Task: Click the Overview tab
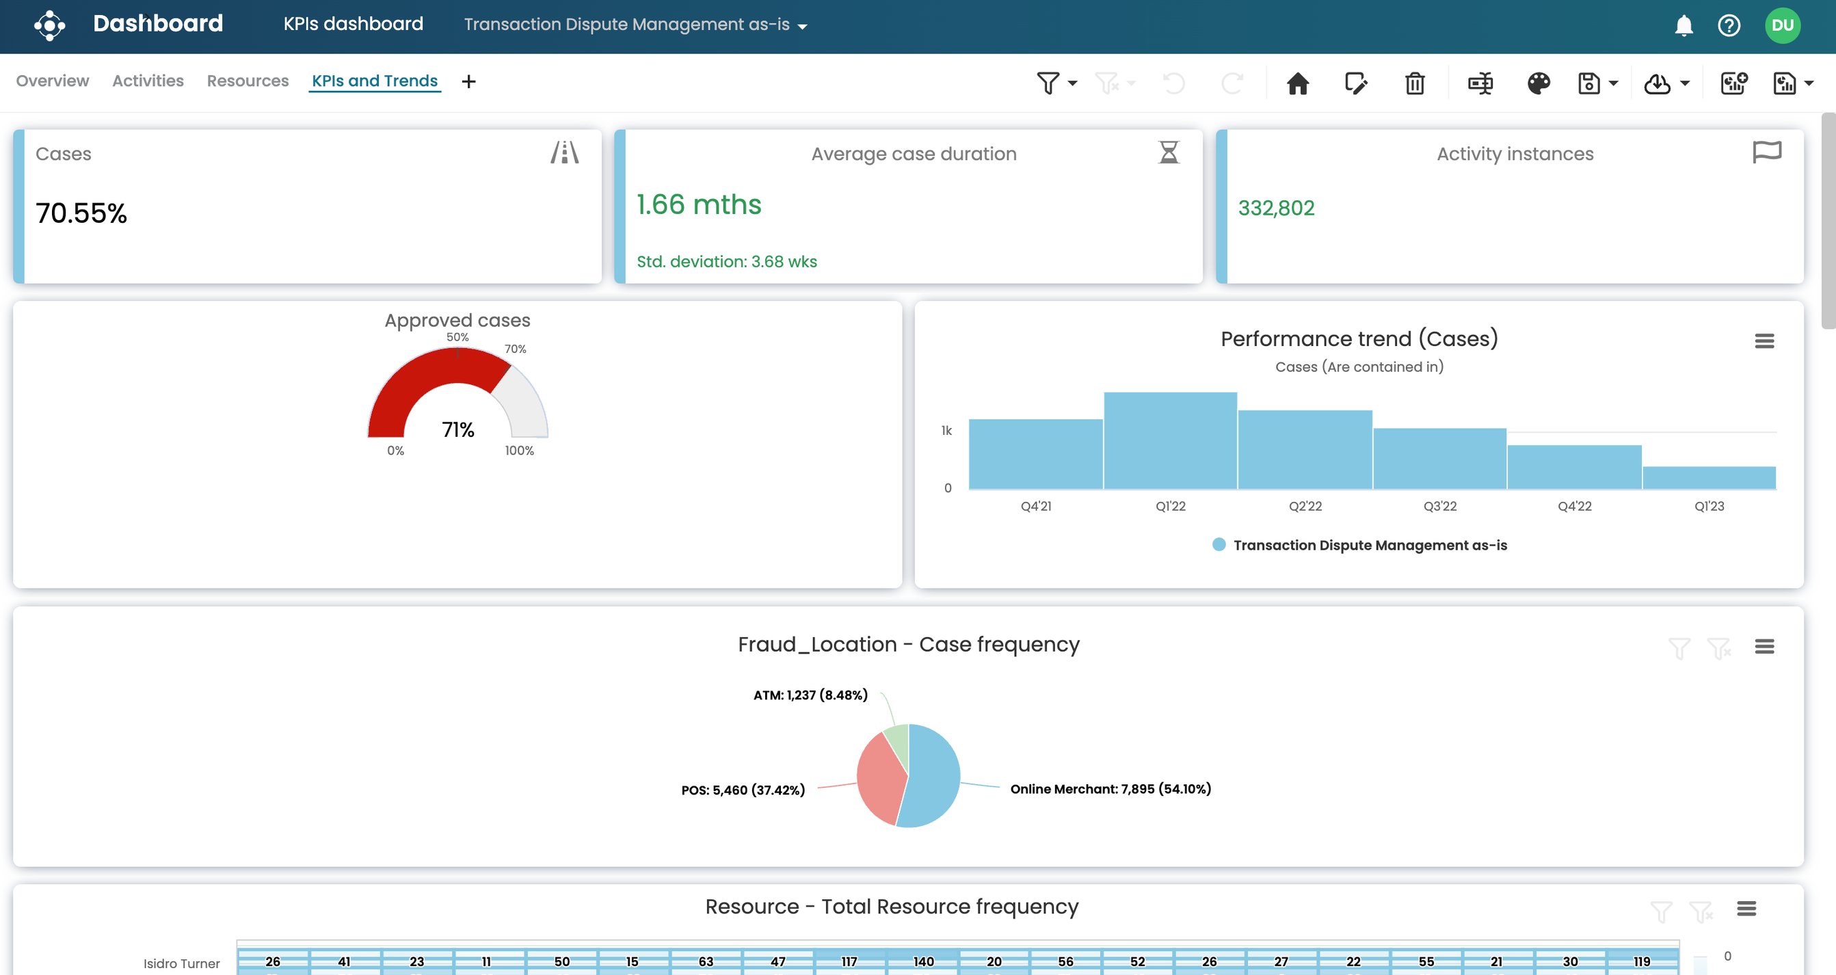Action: (52, 81)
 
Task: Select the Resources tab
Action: (248, 81)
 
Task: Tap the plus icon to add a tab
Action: (468, 82)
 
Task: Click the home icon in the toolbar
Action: (1297, 83)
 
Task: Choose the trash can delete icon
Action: (1414, 83)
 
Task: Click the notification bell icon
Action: (1684, 26)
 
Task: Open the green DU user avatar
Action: (1782, 26)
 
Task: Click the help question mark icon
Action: (1729, 26)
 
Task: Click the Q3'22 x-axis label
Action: (1439, 506)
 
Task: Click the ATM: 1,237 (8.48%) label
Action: (810, 695)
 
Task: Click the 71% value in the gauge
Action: (457, 430)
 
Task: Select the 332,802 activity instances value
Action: (1276, 208)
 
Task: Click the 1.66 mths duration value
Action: (698, 205)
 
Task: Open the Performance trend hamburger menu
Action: (1764, 341)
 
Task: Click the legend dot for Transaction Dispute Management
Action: (1219, 545)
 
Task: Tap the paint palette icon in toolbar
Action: (1538, 83)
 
